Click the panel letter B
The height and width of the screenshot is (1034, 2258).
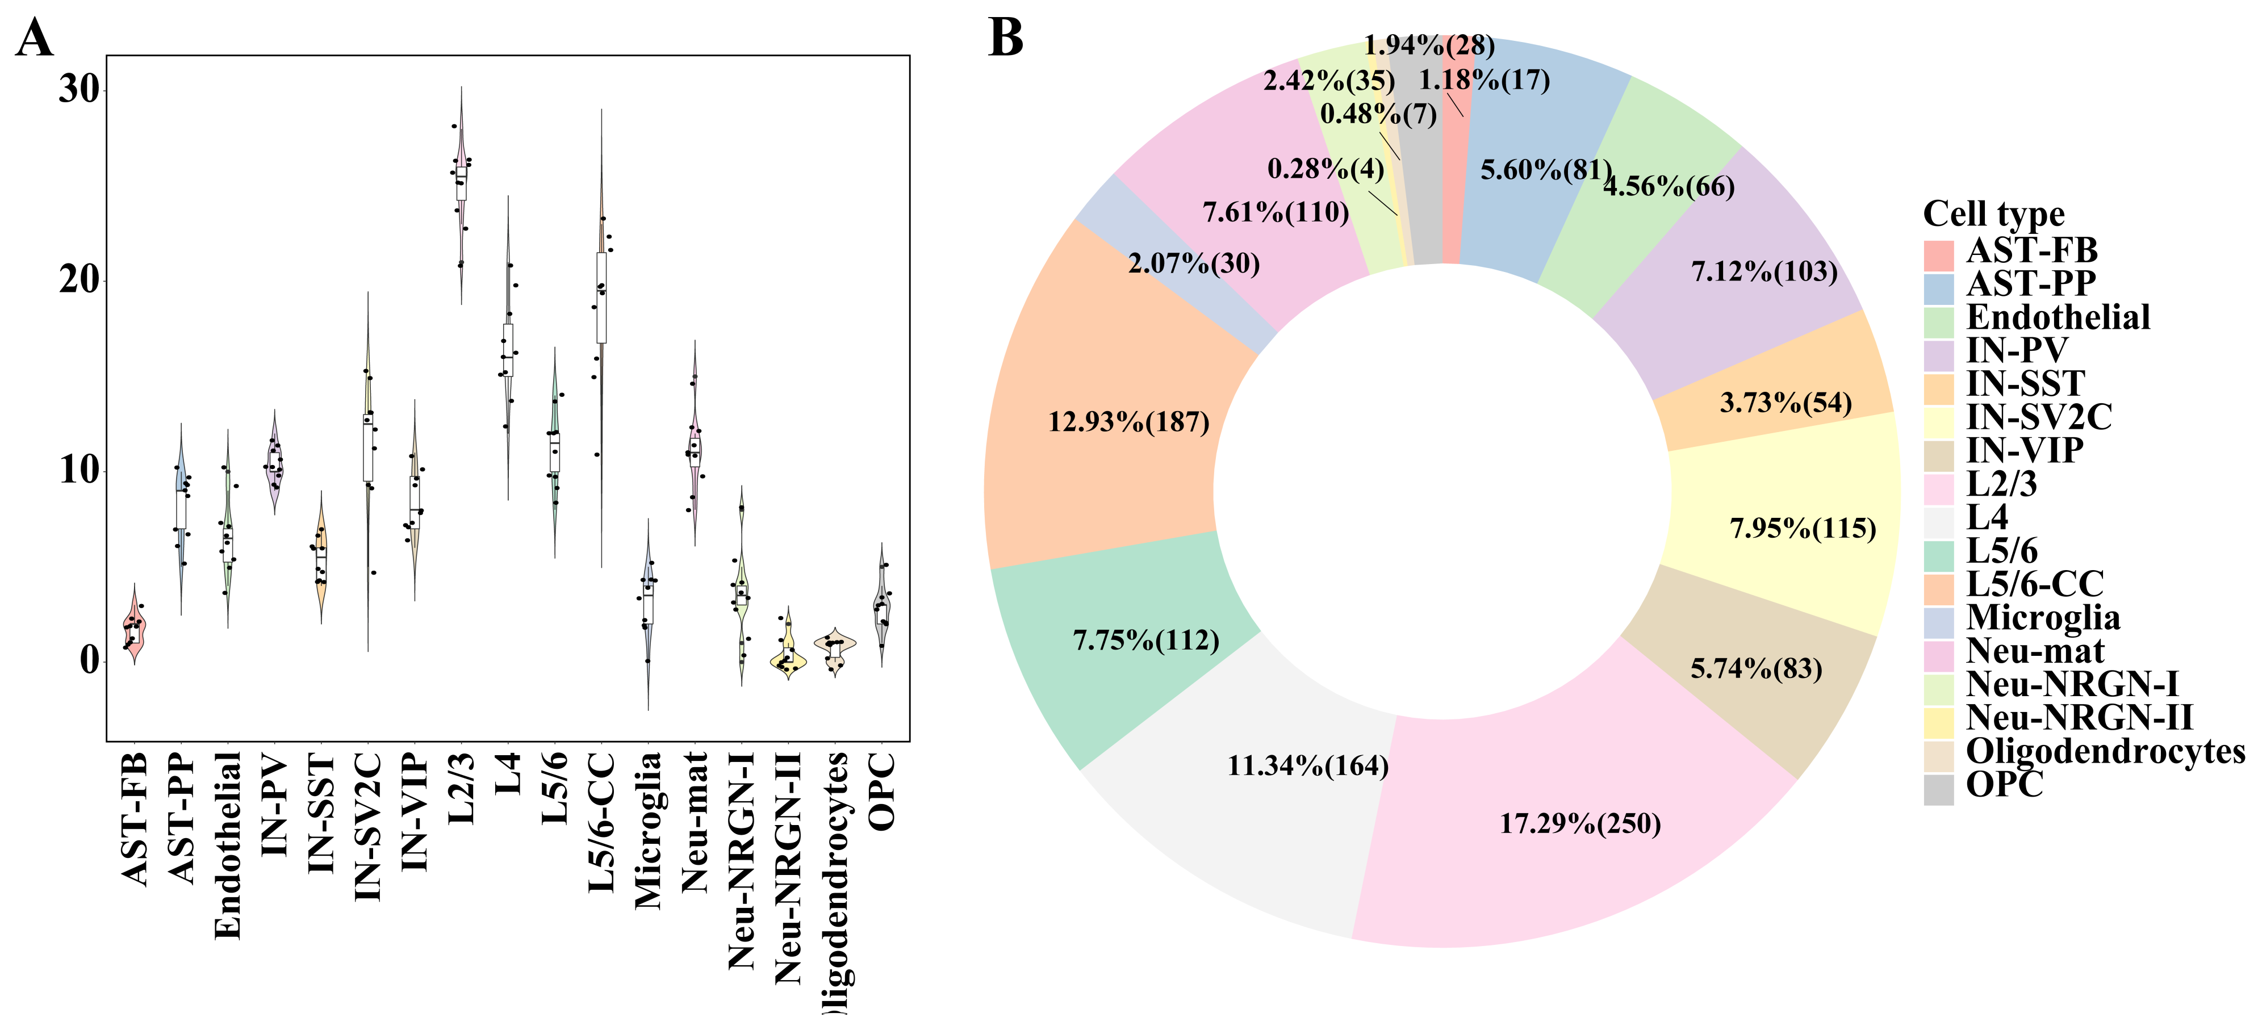click(x=1005, y=39)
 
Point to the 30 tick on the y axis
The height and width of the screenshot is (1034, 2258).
click(x=80, y=90)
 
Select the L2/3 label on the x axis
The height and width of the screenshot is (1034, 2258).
click(x=461, y=789)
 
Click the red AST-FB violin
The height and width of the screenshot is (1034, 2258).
click(x=134, y=626)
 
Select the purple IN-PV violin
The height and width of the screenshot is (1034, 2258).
click(x=274, y=464)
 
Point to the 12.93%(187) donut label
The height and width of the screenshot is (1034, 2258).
click(x=1128, y=422)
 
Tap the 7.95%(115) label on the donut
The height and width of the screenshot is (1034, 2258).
click(x=1802, y=529)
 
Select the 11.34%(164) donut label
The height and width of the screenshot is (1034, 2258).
click(x=1307, y=766)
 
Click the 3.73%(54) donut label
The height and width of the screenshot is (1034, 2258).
click(x=1785, y=403)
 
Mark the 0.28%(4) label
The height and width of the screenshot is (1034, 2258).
click(x=1325, y=169)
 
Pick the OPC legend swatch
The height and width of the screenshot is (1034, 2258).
click(x=1938, y=789)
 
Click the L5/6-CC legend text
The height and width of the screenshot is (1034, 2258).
click(x=2034, y=584)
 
